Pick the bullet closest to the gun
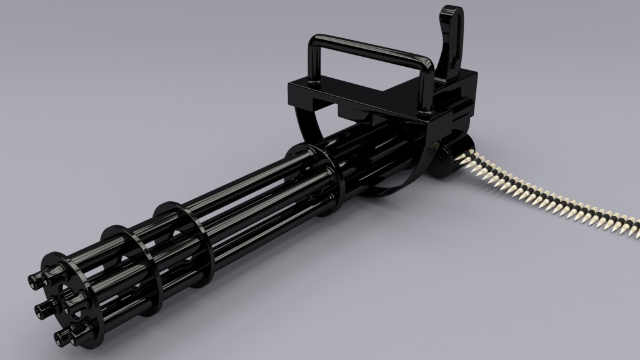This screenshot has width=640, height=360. [x=466, y=157]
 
